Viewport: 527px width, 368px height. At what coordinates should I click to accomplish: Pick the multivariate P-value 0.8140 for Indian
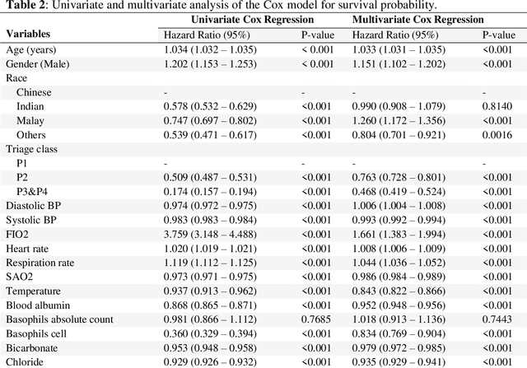(497, 107)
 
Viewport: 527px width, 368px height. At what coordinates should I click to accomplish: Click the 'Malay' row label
(30, 121)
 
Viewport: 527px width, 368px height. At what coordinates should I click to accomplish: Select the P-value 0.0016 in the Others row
(497, 135)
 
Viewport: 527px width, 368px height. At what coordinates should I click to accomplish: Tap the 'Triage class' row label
(32, 149)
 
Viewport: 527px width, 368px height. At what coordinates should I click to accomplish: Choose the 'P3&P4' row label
(34, 191)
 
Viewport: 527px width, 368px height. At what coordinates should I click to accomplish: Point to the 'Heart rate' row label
(30, 248)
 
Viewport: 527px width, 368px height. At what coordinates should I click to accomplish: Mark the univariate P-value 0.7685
(316, 319)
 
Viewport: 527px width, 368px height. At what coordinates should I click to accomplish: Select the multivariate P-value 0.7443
(497, 319)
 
